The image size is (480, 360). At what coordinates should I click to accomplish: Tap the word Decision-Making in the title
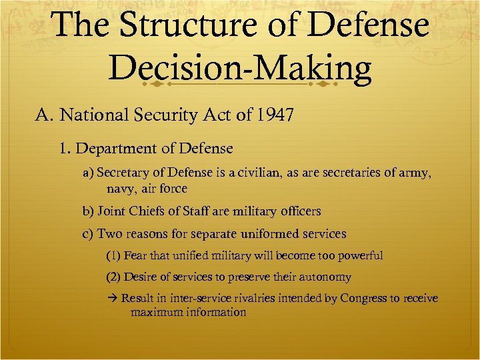240,69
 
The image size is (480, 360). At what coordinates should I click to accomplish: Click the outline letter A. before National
45,116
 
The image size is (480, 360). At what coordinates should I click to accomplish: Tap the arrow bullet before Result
111,299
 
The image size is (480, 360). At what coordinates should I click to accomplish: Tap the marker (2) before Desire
113,277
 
